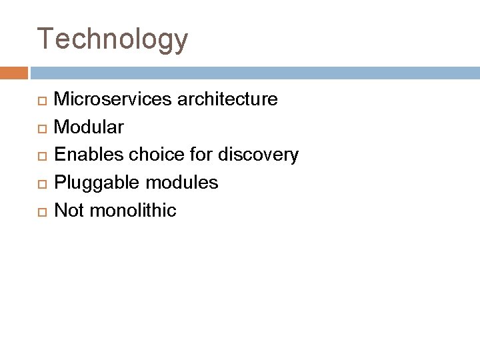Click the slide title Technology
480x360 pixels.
click(113, 39)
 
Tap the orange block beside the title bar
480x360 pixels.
click(14, 72)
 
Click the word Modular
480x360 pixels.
click(88, 127)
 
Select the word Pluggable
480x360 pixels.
click(94, 183)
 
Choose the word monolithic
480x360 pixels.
click(133, 211)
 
